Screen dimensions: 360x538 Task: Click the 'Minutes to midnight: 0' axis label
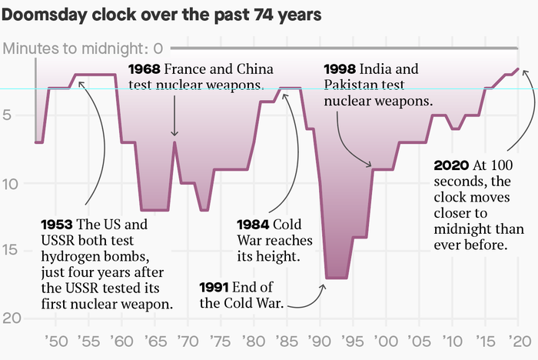pos(83,49)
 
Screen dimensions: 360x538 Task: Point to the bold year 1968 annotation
pos(144,68)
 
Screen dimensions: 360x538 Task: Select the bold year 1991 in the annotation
pos(214,288)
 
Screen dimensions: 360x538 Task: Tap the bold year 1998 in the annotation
pos(340,68)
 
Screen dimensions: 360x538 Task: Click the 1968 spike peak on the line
pos(174,142)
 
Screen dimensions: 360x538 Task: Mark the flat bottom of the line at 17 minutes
pos(336,277)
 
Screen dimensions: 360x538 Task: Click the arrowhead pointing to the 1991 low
pos(323,287)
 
